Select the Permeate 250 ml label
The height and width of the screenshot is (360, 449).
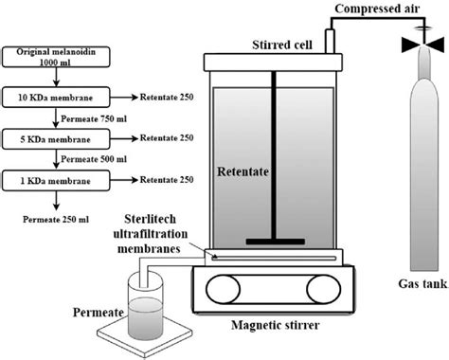tap(57, 218)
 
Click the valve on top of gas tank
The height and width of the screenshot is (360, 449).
tap(416, 43)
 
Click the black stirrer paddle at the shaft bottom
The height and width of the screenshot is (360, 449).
tap(273, 243)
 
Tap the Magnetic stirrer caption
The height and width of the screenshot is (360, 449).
tap(275, 327)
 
